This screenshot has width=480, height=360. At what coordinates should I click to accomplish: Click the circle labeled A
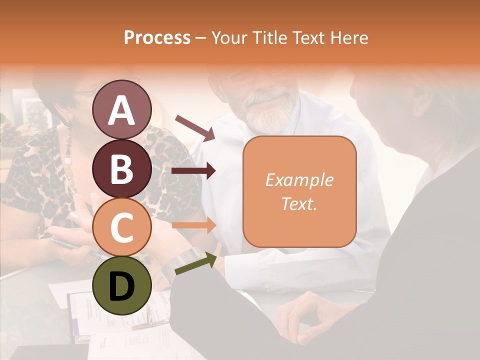[x=121, y=109]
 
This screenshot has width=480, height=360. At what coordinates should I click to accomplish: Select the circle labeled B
[x=121, y=168]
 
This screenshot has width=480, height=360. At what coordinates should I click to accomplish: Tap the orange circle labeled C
[x=121, y=227]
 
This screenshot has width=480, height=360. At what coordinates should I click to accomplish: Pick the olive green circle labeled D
[x=121, y=285]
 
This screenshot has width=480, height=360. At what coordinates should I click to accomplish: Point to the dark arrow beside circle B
[x=193, y=171]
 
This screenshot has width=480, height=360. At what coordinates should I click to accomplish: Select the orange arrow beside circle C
[x=193, y=225]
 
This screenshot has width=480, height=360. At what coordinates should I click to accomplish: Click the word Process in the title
[x=157, y=38]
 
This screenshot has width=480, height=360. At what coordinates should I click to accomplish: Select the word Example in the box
[x=299, y=180]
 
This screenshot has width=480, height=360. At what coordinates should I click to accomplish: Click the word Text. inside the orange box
[x=299, y=203]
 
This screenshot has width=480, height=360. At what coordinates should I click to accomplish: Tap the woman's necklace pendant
[x=67, y=161]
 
